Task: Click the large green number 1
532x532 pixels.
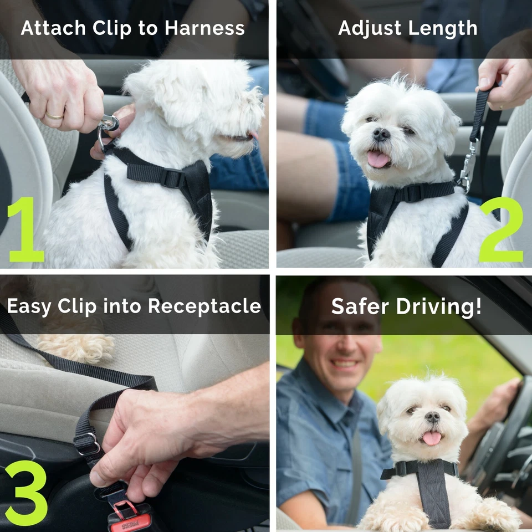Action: [x=25, y=228]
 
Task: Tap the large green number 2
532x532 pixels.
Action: [x=501, y=229]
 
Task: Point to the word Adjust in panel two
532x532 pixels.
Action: [x=370, y=28]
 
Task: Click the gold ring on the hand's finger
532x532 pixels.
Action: [x=54, y=116]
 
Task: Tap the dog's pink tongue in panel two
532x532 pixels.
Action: [x=378, y=160]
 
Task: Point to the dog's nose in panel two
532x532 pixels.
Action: [x=381, y=134]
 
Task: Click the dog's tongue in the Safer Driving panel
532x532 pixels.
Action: [x=431, y=438]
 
